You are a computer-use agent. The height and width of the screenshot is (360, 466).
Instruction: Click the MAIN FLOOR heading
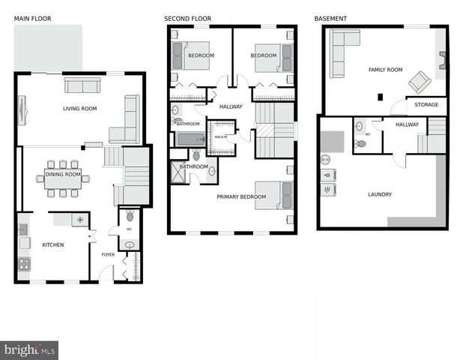pyautogui.click(x=33, y=17)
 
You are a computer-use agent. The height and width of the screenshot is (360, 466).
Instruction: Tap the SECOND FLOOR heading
pyautogui.click(x=188, y=17)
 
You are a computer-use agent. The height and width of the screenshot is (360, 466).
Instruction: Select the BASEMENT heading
pyautogui.click(x=330, y=17)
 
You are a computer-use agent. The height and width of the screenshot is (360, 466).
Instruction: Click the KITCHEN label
pyautogui.click(x=53, y=245)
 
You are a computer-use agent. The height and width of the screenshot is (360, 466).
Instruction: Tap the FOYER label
pyautogui.click(x=108, y=253)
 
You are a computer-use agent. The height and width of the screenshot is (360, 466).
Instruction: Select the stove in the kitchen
pyautogui.click(x=24, y=264)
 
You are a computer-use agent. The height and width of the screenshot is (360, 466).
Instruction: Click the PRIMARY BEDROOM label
pyautogui.click(x=241, y=196)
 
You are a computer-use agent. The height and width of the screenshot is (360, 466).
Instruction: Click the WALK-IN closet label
pyautogui.click(x=221, y=137)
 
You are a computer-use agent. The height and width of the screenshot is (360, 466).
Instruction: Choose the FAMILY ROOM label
pyautogui.click(x=385, y=70)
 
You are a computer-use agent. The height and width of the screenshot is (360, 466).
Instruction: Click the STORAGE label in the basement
pyautogui.click(x=427, y=105)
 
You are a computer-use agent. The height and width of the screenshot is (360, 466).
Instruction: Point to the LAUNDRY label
pyautogui.click(x=379, y=194)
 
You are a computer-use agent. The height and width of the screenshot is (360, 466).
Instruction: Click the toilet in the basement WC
pyautogui.click(x=362, y=142)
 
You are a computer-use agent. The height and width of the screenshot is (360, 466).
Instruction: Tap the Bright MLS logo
pyautogui.click(x=29, y=349)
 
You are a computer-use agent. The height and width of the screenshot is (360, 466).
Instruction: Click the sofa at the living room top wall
pyautogui.click(x=82, y=85)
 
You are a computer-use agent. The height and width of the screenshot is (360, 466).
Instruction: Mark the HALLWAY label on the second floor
pyautogui.click(x=231, y=106)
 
